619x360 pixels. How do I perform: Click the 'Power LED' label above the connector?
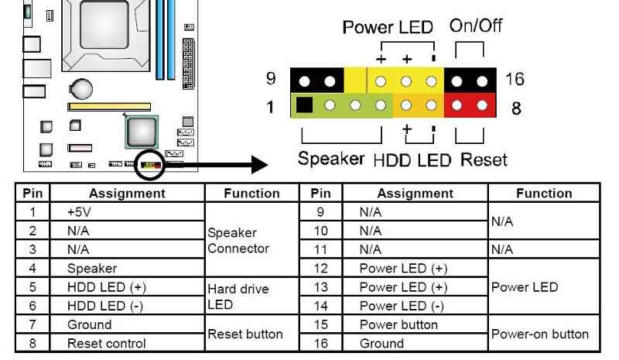388,28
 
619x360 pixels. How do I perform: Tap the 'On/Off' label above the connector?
476,25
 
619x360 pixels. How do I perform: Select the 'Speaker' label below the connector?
331,159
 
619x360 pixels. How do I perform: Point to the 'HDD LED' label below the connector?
413,160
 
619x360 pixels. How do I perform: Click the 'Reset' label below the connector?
484,160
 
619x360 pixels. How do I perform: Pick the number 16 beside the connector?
515,79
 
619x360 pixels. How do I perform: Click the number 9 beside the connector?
271,79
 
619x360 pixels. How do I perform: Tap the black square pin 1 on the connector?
305,105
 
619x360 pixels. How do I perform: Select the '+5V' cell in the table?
81,211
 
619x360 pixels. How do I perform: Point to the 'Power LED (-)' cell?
402,306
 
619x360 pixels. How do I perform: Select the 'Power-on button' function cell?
540,334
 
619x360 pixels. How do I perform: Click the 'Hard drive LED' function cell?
238,297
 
